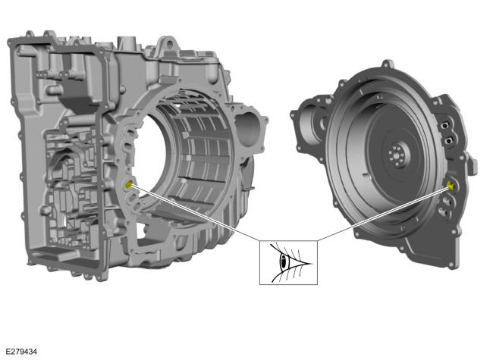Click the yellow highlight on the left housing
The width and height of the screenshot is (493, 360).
[129, 184]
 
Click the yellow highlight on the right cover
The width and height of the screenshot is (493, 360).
[451, 186]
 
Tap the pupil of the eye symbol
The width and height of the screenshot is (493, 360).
[284, 261]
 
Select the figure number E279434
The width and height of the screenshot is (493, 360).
[21, 351]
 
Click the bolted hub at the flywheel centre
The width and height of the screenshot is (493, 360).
[397, 155]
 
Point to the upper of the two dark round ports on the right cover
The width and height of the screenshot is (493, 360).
[444, 126]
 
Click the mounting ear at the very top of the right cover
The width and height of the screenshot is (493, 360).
[387, 64]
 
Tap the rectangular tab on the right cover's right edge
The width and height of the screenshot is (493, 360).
[473, 164]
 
